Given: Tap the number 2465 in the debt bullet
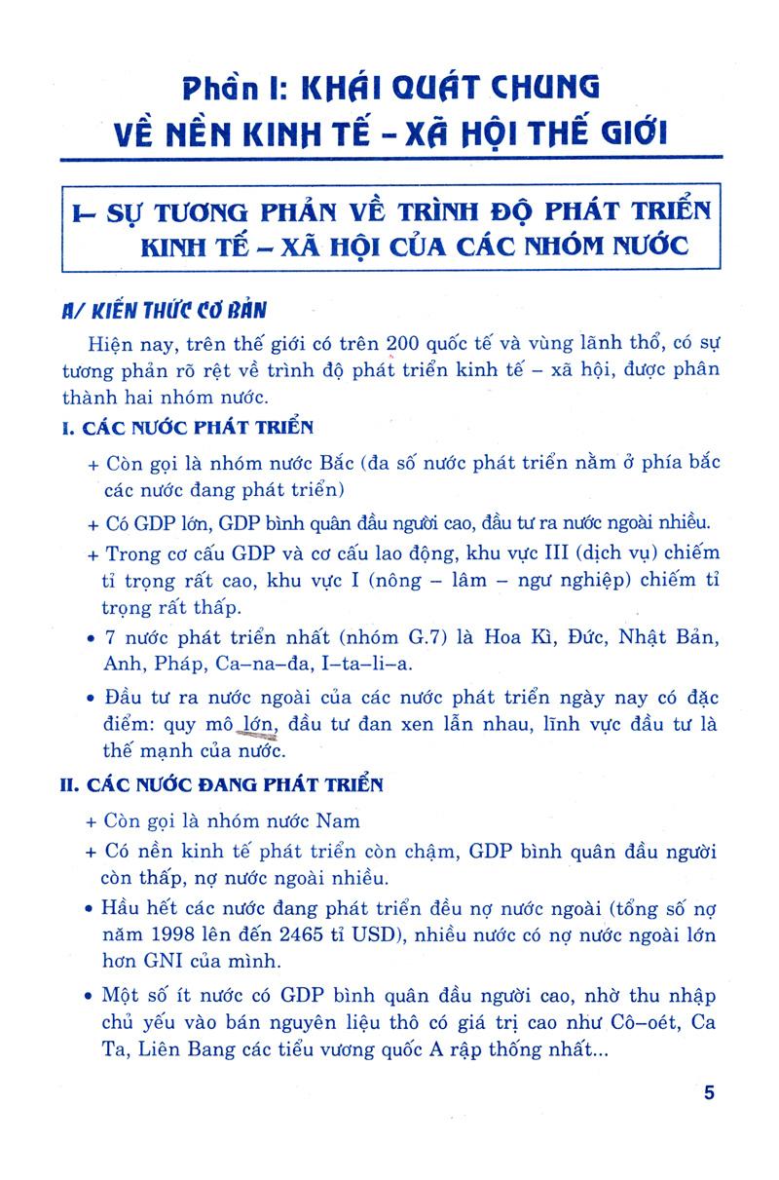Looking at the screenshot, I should coord(269,933).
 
